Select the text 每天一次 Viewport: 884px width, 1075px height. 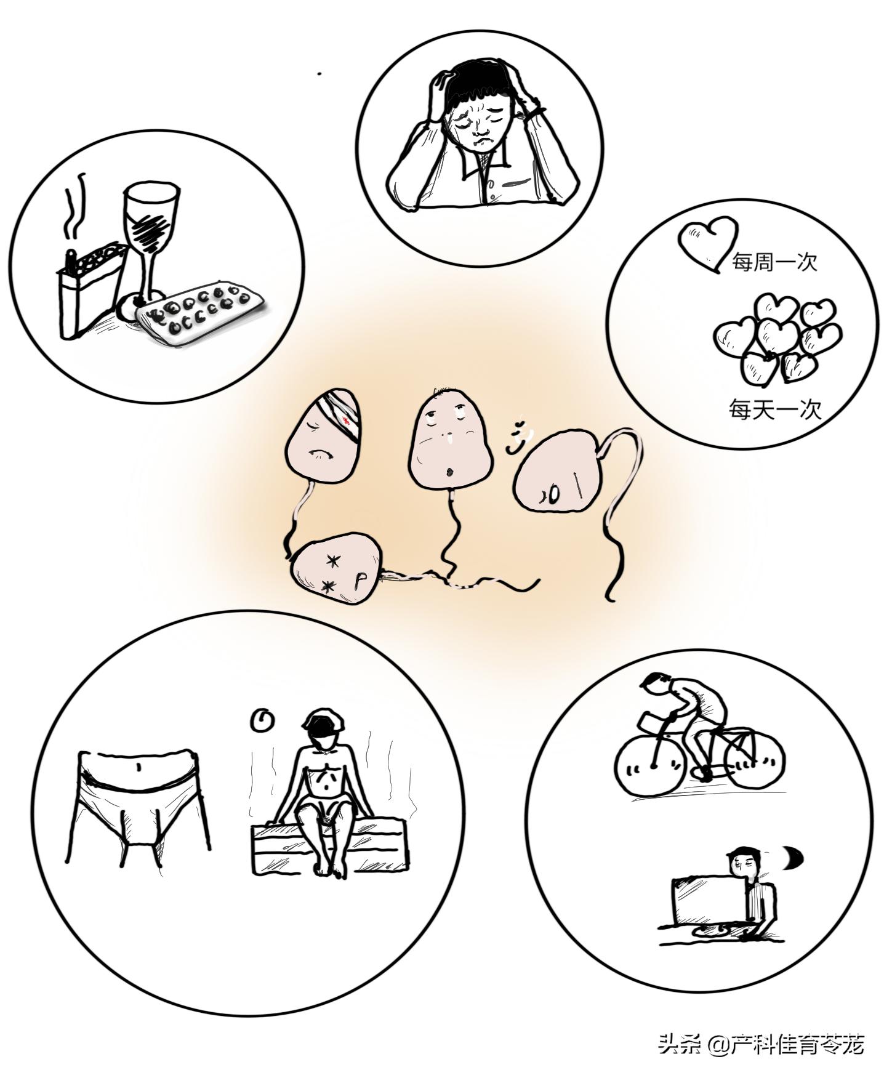776,409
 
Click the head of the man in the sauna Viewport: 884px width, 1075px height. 324,728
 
